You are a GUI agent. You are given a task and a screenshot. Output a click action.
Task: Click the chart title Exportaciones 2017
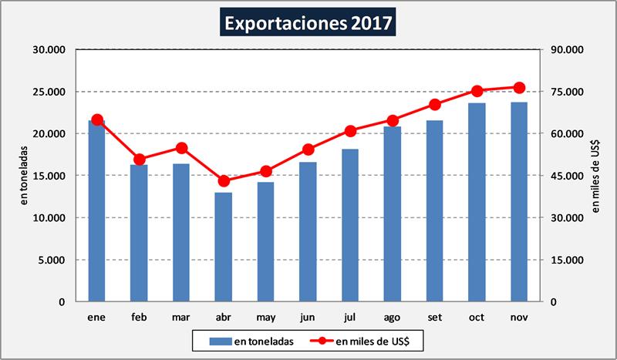tap(308, 23)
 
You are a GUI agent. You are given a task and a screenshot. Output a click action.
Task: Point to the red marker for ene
tap(97, 120)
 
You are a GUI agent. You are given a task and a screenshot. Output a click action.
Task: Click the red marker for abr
tap(224, 181)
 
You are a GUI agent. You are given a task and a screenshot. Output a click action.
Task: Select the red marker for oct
tap(477, 91)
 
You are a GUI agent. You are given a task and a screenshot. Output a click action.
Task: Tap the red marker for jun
tap(308, 150)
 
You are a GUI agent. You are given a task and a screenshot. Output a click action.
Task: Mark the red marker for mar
tap(181, 148)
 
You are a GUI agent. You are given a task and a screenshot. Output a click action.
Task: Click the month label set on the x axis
tap(434, 316)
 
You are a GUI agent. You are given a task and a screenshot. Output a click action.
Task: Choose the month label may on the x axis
tap(265, 316)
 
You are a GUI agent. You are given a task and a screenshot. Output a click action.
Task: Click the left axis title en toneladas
tap(24, 176)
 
